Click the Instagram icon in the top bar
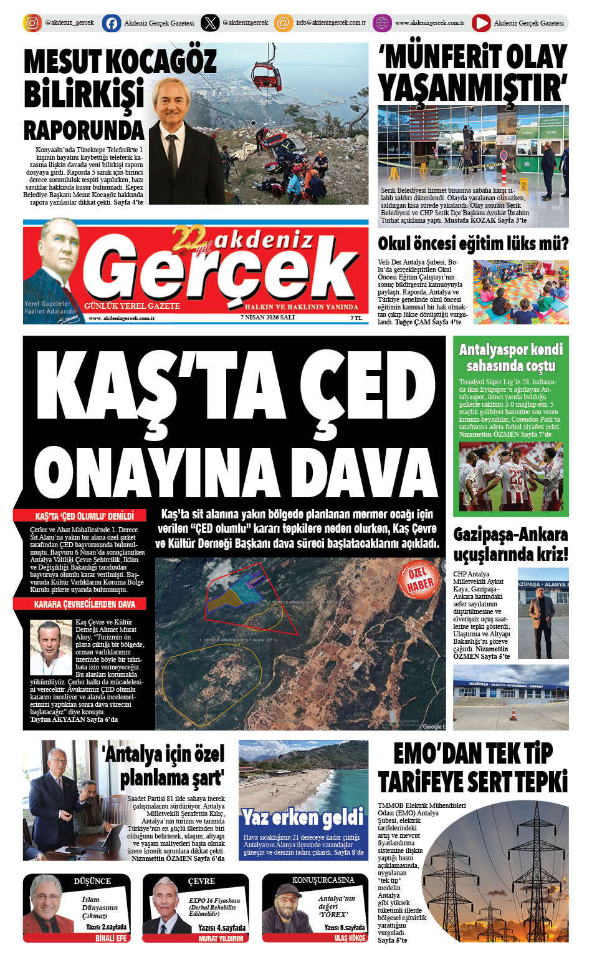32,23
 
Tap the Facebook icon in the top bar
112,23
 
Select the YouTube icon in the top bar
480,23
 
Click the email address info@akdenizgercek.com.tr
330,23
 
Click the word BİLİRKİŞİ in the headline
84,95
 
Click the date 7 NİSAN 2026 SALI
267,318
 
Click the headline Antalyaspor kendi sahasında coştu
510,357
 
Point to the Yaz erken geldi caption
303,817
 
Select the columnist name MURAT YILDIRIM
221,938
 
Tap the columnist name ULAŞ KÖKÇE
350,938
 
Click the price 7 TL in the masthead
356,318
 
